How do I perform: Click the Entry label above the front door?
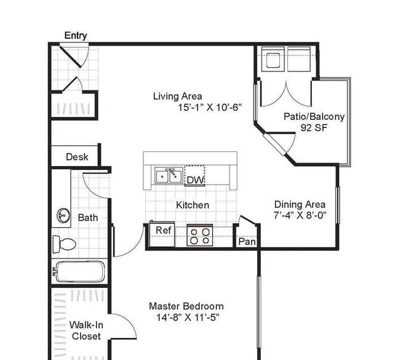76,36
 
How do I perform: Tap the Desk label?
77,157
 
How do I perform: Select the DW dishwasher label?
196,180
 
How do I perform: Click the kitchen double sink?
169,176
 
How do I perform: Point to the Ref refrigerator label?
164,230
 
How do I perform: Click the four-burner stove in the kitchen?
200,235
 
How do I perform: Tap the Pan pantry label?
247,241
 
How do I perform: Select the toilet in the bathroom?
64,244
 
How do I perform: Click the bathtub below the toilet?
79,271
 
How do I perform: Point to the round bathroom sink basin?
63,215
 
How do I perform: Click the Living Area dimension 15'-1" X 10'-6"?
209,108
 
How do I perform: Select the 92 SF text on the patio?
313,127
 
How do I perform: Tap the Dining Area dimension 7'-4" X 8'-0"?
300,215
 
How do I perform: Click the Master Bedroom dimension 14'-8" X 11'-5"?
188,318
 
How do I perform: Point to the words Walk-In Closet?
86,330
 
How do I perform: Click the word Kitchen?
193,205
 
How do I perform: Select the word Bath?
88,218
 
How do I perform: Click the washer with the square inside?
273,59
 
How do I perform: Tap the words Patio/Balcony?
314,116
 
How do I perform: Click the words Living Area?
178,96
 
